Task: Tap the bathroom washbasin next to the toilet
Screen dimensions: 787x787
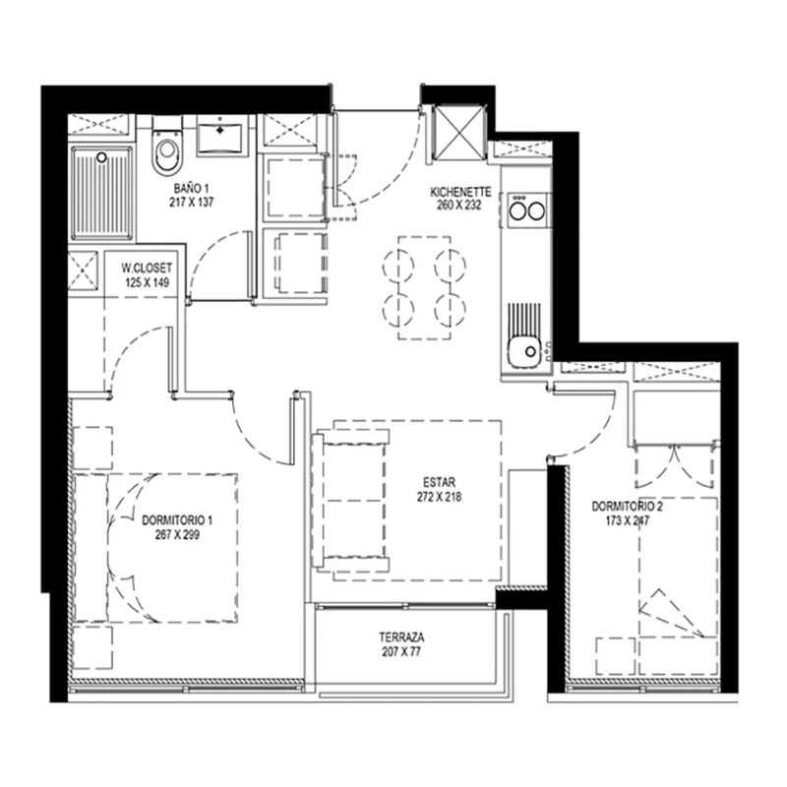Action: (x=220, y=134)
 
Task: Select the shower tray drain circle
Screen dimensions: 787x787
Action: (x=102, y=157)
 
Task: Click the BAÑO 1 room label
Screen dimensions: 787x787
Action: (x=191, y=189)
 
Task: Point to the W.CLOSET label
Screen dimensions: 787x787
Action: (x=147, y=268)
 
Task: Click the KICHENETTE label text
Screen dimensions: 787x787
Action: (x=460, y=192)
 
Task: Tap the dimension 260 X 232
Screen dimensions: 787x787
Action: (x=458, y=206)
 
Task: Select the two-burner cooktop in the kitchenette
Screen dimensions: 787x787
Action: (x=527, y=211)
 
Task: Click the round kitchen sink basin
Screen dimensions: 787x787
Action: (x=524, y=352)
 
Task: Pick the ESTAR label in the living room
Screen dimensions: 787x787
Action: (x=439, y=483)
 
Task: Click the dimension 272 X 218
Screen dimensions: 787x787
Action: (x=439, y=497)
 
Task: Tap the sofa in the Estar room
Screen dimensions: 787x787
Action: (x=350, y=501)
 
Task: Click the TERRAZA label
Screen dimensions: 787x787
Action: (x=401, y=637)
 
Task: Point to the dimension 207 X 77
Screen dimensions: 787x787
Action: (x=401, y=652)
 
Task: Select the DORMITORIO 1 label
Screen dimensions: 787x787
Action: (x=177, y=520)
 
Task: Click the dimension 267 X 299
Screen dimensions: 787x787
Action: (x=177, y=535)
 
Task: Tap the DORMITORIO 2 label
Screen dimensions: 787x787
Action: (x=627, y=507)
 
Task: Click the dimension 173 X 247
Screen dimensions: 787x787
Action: (x=627, y=521)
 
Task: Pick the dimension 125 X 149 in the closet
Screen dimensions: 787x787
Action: (x=147, y=282)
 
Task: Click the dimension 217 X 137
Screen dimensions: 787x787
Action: (x=191, y=203)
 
